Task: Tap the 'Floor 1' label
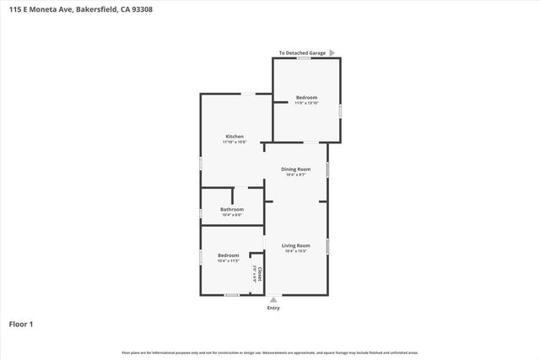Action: tap(21, 324)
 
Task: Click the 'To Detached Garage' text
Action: tap(302, 53)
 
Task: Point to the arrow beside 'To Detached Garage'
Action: tap(332, 53)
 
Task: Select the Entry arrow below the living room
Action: tap(273, 299)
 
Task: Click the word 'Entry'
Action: tap(273, 308)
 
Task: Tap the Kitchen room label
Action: tap(235, 137)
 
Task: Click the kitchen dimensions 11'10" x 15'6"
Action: tap(235, 142)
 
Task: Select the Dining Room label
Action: tap(296, 169)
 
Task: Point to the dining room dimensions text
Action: tap(296, 175)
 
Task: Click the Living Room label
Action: tap(296, 245)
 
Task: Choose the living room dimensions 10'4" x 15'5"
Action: tap(296, 251)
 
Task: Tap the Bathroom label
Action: tap(232, 209)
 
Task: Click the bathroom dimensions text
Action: tap(232, 215)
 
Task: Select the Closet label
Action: tap(261, 273)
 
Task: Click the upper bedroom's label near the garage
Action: tap(306, 97)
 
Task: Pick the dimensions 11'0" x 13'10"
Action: tap(306, 103)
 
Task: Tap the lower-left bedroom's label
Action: tap(229, 255)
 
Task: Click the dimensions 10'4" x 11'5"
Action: tap(229, 261)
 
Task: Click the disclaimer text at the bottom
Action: tap(270, 352)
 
